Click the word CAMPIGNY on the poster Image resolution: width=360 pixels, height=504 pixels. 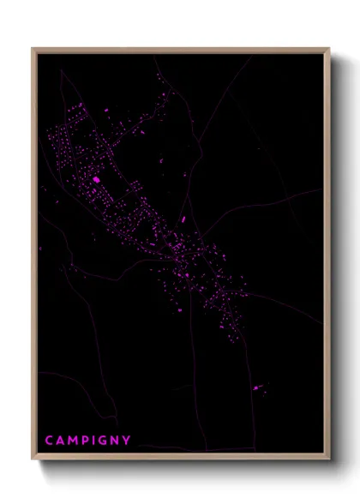pyautogui.click(x=88, y=441)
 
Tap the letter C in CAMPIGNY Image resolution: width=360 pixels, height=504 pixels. pyautogui.click(x=50, y=441)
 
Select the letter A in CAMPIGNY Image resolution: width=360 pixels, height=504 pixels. pyautogui.click(x=61, y=441)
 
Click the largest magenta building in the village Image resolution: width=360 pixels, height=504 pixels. pyautogui.click(x=96, y=180)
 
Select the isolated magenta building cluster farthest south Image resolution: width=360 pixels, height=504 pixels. pyautogui.click(x=256, y=388)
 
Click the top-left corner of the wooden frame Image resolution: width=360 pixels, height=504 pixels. pyautogui.click(x=33, y=49)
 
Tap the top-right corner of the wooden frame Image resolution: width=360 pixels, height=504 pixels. pyautogui.click(x=328, y=49)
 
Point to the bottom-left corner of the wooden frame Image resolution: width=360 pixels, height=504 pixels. pyautogui.click(x=33, y=459)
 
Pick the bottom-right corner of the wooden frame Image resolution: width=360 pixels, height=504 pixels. pyautogui.click(x=328, y=459)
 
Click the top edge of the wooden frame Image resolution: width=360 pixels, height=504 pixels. pyautogui.click(x=180, y=50)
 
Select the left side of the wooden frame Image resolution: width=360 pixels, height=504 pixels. pyautogui.click(x=34, y=257)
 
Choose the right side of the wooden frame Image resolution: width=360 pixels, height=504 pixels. pyautogui.click(x=327, y=257)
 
